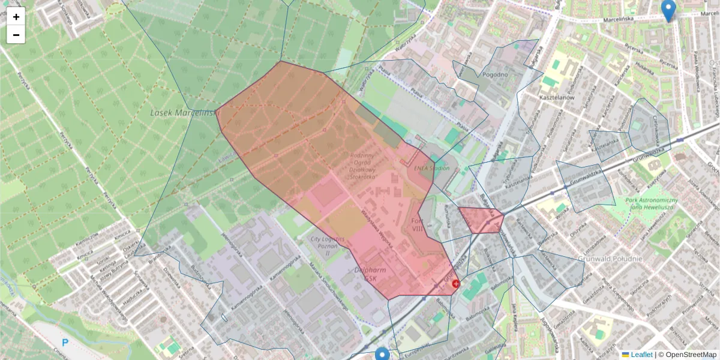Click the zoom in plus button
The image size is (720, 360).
[16, 17]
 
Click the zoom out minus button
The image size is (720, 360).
[16, 35]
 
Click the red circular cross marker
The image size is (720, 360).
[455, 283]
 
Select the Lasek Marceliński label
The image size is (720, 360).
[184, 112]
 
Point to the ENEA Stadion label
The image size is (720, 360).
[432, 169]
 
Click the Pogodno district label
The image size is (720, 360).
[495, 75]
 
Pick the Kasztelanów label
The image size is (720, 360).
[557, 97]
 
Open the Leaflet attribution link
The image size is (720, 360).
[641, 355]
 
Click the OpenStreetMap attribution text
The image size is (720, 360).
[691, 355]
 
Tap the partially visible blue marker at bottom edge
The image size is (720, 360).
[382, 355]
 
